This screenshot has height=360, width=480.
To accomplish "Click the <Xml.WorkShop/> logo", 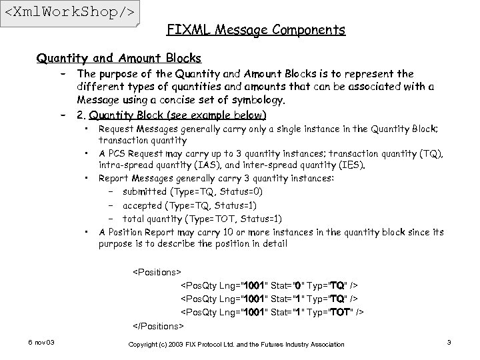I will pyautogui.click(x=69, y=13).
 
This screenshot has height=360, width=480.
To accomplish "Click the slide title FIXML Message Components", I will pyautogui.click(x=255, y=30).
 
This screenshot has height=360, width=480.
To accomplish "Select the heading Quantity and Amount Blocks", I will pyautogui.click(x=119, y=58).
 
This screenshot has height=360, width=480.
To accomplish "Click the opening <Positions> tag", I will pyautogui.click(x=157, y=272).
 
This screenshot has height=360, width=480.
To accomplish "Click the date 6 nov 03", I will pyautogui.click(x=41, y=343).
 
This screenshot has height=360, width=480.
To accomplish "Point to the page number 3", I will pyautogui.click(x=449, y=343).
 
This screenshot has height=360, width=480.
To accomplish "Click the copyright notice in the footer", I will pyautogui.click(x=237, y=344).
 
